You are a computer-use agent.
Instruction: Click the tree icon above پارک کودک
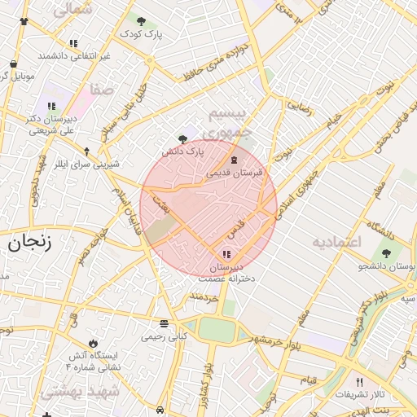coord(142,22)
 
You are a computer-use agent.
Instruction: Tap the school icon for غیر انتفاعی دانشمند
coord(73,44)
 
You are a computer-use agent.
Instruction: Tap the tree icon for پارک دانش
coord(182,139)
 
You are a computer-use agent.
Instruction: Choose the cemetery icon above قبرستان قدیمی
coord(235,160)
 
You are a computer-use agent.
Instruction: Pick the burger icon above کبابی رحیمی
coord(165,323)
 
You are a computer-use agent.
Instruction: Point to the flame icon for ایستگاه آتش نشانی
coord(93,344)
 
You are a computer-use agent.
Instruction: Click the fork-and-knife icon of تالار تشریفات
coord(359,382)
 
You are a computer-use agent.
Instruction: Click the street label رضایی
coord(297,105)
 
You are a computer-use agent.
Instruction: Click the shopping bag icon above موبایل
coord(14,64)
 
